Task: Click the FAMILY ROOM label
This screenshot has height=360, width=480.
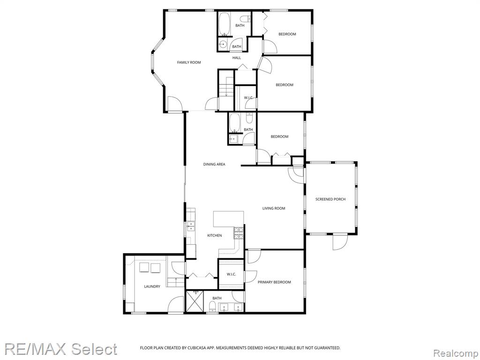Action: (x=189, y=62)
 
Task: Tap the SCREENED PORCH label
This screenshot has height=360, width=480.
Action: (x=330, y=199)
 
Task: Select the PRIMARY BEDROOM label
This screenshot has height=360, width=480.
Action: (x=274, y=282)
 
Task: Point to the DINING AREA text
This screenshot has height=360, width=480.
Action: (x=214, y=165)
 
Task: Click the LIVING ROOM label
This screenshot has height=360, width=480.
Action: (x=274, y=209)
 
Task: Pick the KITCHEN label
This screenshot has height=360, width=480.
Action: (x=215, y=235)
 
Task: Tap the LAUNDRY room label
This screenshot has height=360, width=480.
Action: (x=152, y=286)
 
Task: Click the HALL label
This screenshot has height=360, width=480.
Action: (x=237, y=58)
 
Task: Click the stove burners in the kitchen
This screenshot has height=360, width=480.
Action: (x=239, y=233)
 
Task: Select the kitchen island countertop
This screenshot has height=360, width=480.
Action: (x=229, y=218)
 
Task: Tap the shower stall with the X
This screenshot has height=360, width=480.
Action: (x=195, y=301)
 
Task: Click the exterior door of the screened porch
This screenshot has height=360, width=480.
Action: (x=340, y=242)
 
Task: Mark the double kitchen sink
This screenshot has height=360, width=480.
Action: (x=191, y=226)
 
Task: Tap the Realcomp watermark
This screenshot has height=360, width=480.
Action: (x=455, y=353)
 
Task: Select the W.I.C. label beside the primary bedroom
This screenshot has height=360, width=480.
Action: (x=232, y=274)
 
